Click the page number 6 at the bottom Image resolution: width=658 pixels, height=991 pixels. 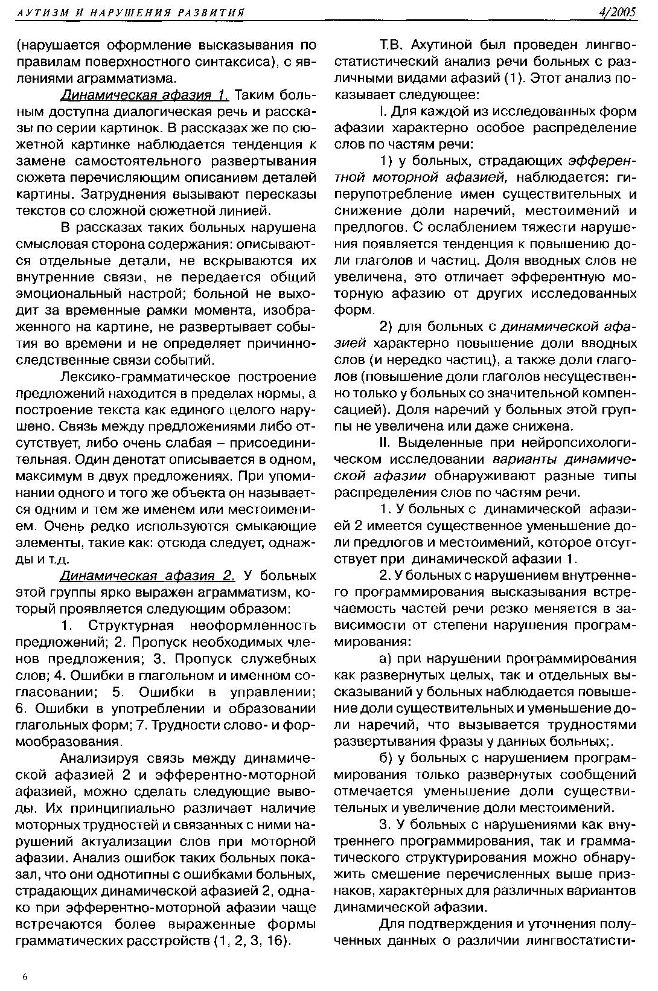[25, 977]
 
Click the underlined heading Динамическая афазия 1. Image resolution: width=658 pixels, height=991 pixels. [144, 95]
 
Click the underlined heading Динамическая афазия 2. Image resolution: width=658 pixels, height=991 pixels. [147, 574]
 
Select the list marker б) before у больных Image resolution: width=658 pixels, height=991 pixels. [386, 758]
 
